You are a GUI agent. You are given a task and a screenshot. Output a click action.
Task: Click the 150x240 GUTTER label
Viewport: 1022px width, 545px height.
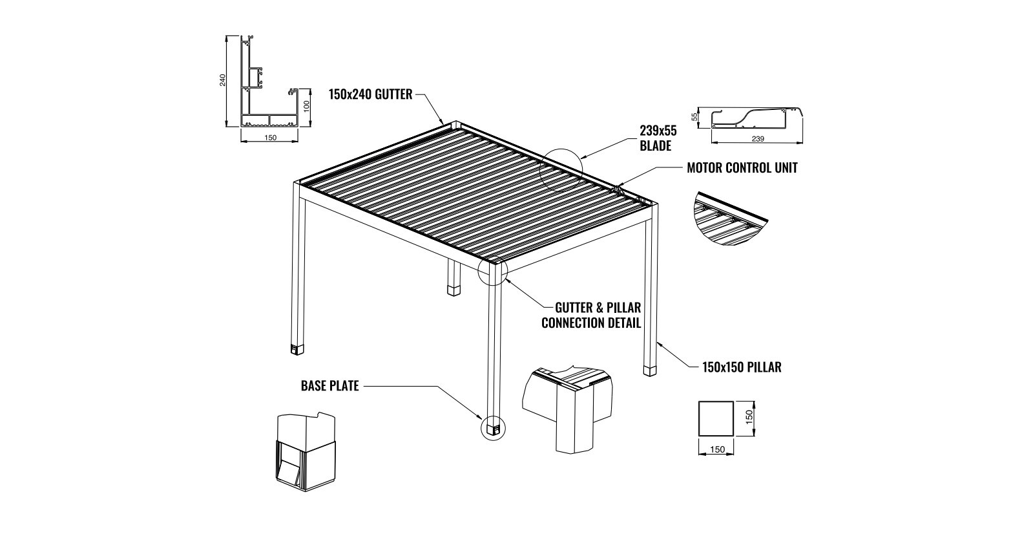[370, 94]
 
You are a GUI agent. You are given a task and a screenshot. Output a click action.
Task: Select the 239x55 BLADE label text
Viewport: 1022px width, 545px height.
[658, 138]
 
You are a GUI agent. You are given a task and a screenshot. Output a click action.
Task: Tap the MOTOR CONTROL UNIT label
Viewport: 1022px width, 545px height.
[742, 168]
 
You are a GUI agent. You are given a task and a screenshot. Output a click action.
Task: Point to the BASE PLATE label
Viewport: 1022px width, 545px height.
[329, 386]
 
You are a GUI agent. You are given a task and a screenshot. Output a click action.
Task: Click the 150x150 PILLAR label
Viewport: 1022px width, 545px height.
[742, 367]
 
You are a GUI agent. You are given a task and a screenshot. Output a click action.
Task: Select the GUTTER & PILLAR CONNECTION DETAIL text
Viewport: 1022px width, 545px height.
[590, 315]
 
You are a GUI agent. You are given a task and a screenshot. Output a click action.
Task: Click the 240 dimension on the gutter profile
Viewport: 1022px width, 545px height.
[223, 80]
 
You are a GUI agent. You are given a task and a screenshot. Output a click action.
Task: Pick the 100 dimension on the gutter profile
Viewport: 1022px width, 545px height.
[308, 106]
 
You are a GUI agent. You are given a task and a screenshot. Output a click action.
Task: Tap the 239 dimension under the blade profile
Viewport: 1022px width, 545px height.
[758, 139]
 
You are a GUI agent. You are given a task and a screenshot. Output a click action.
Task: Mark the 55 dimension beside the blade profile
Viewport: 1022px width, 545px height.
[695, 117]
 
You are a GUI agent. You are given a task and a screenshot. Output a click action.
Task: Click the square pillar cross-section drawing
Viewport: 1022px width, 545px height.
[716, 418]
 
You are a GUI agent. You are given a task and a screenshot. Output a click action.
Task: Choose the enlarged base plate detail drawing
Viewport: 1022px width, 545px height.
[306, 449]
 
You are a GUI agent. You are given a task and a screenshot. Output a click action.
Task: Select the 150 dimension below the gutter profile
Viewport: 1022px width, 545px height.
[269, 137]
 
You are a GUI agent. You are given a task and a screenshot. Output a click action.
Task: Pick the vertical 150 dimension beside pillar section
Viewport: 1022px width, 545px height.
[749, 418]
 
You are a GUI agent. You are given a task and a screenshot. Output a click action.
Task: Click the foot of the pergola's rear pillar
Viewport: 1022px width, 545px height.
[454, 289]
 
